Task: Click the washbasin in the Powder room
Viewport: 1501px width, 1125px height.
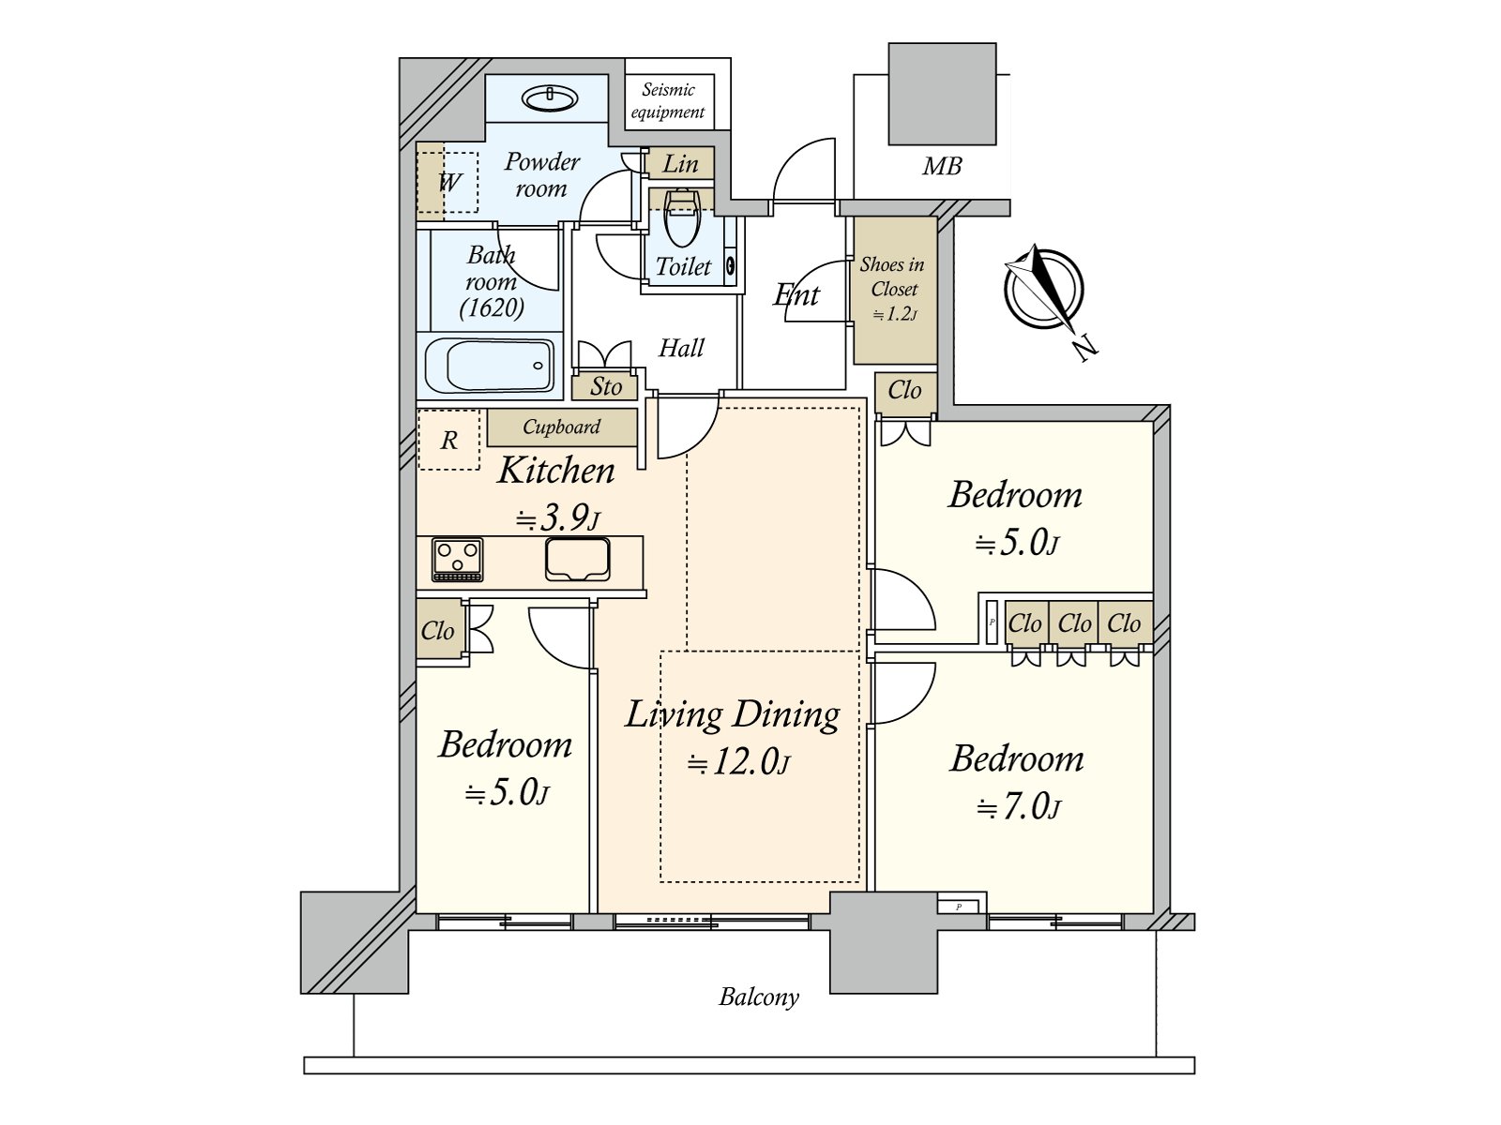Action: coord(549,99)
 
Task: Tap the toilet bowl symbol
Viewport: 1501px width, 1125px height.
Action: coord(681,217)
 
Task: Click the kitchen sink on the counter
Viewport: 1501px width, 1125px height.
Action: coord(578,560)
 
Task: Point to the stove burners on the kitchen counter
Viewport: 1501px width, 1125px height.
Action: coord(458,560)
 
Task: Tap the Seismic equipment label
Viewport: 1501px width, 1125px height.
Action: coord(668,100)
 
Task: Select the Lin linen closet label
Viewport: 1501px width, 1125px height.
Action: coord(680,164)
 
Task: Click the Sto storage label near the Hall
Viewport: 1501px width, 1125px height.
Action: coord(605,386)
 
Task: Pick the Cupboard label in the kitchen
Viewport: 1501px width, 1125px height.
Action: coord(561,427)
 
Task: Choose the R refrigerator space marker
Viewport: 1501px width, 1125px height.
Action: coord(448,441)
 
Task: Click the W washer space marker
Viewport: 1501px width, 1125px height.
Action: coord(449,183)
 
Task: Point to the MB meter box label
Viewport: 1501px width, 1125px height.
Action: coord(942,166)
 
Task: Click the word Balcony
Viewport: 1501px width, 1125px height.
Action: coord(758,997)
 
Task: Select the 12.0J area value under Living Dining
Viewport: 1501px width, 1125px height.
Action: coord(738,761)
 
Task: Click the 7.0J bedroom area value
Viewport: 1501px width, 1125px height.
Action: coord(1018,808)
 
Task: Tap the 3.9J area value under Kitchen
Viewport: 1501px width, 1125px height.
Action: coord(557,519)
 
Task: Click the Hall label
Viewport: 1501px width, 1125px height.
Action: coord(681,349)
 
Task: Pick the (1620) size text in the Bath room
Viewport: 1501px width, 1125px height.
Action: coord(492,308)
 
